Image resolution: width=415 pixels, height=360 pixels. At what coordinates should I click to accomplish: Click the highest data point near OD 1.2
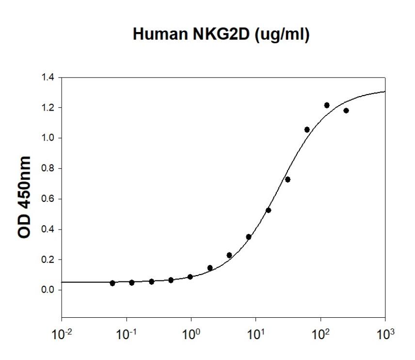[327, 105]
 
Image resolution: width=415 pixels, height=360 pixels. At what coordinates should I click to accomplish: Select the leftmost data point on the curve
[112, 283]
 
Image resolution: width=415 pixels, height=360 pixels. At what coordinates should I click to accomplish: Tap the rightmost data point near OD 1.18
[346, 111]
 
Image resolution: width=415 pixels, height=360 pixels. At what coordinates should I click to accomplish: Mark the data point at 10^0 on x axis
[190, 277]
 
